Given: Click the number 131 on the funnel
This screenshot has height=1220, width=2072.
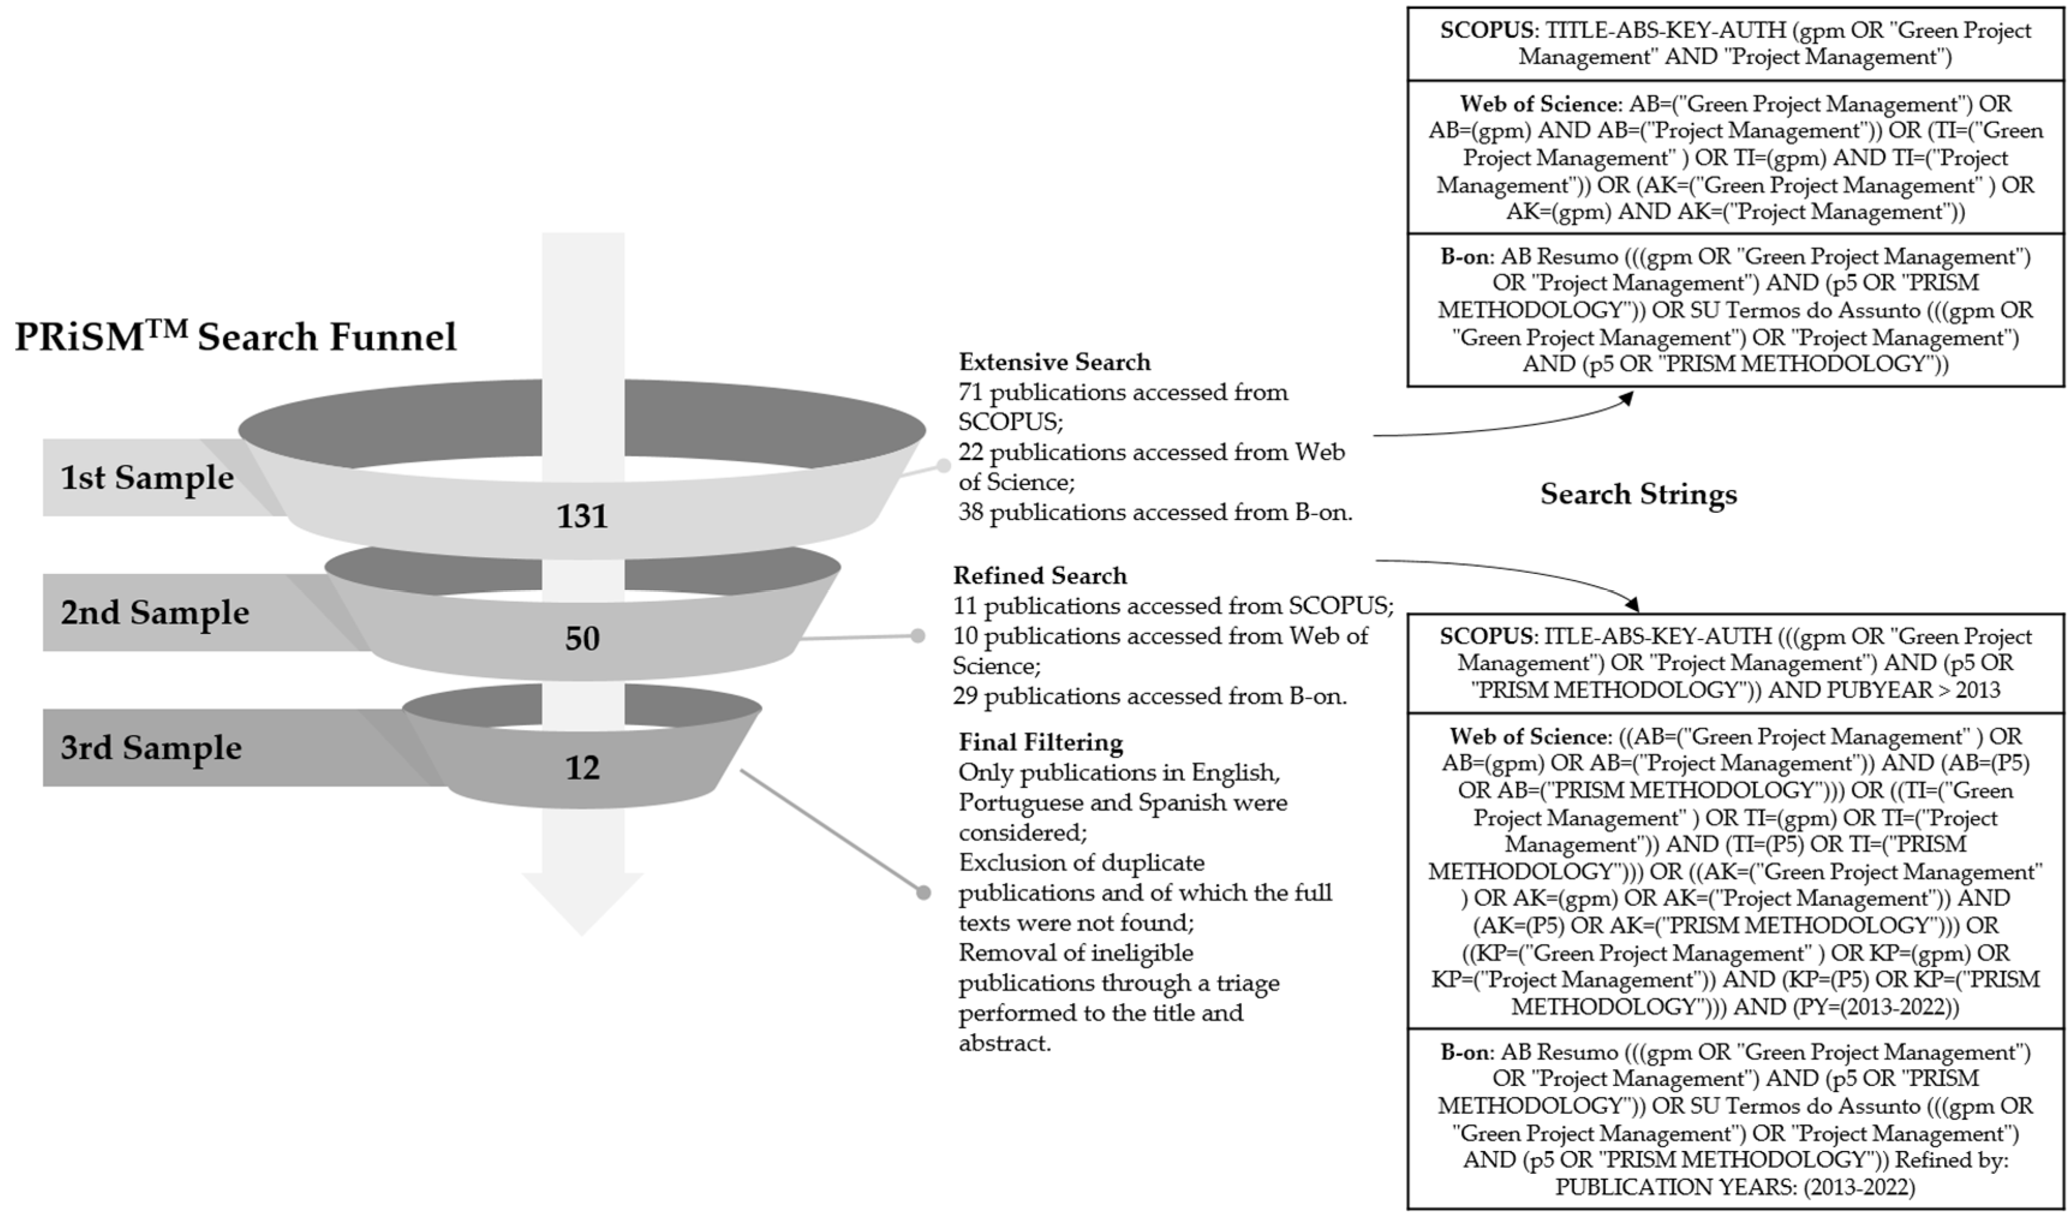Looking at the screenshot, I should [582, 516].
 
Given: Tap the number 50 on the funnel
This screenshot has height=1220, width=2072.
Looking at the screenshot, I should [582, 639].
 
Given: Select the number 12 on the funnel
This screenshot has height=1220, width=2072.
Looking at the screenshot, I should [582, 768].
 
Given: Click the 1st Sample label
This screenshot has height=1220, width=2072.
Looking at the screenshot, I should [147, 478].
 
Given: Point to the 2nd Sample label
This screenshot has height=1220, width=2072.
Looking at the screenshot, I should [154, 612].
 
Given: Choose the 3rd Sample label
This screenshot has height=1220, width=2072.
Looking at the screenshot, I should [151, 747].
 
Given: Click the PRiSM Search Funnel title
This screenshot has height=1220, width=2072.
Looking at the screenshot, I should [235, 337].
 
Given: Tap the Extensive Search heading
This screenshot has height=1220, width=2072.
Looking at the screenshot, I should [1054, 363].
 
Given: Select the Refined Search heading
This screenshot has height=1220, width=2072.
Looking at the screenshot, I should [1039, 575].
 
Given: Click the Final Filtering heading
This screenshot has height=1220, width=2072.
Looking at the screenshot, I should [1040, 742].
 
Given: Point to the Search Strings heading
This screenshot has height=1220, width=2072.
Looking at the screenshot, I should [1638, 494].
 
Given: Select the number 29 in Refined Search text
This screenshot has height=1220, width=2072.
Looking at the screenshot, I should [965, 696].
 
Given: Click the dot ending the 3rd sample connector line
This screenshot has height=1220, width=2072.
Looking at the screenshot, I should [923, 893].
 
